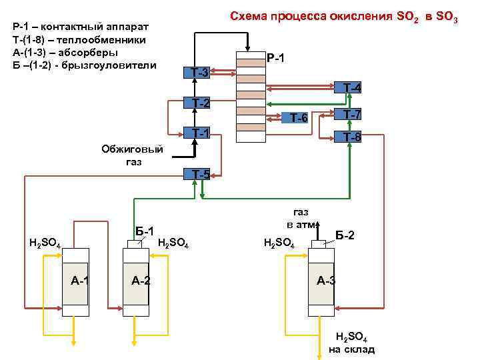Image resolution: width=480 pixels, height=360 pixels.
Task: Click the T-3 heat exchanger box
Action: click(x=197, y=72)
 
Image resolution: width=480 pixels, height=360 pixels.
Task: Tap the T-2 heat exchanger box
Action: click(x=197, y=103)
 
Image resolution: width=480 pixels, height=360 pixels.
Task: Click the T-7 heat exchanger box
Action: click(x=348, y=115)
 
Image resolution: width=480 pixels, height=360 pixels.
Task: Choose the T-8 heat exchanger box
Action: click(x=348, y=137)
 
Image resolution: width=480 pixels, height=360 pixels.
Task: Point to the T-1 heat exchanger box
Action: click(x=197, y=133)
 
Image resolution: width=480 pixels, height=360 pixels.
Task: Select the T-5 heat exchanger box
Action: click(x=197, y=175)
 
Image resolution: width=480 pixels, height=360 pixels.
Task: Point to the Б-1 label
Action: click(x=145, y=230)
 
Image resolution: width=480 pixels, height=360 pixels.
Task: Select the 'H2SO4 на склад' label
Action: click(x=351, y=343)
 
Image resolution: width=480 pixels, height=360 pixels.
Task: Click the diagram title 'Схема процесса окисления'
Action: click(x=343, y=15)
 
